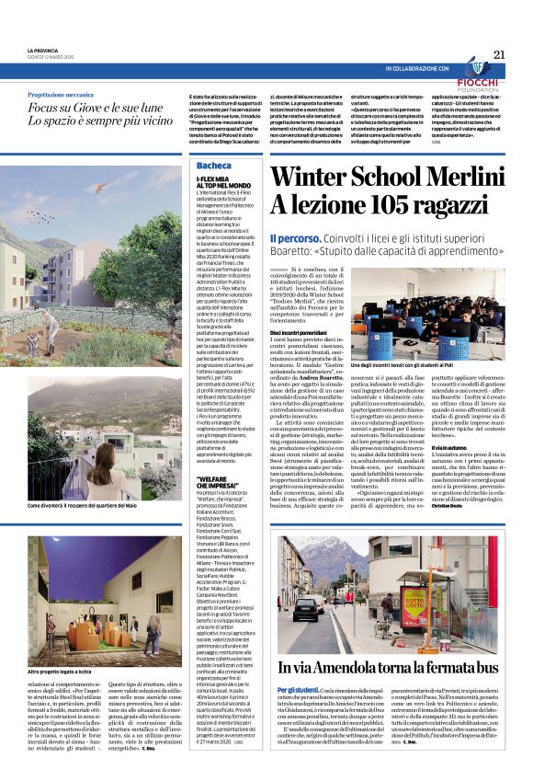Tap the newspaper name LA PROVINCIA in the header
coord(43,50)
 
